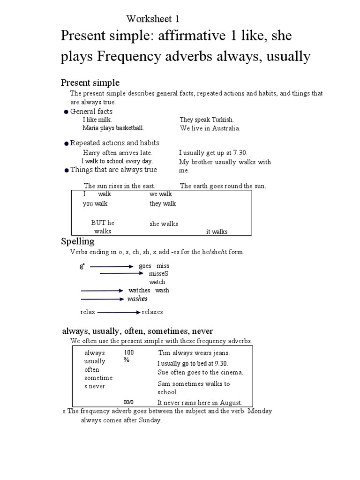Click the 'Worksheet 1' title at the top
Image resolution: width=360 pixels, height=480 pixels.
(153, 19)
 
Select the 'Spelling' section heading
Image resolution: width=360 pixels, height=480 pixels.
(78, 242)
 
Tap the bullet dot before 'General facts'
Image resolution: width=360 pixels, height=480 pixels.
(66, 112)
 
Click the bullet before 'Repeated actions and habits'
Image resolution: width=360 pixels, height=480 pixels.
(67, 144)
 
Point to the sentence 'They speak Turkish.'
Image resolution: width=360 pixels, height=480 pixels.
(207, 120)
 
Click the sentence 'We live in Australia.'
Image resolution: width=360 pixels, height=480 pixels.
(210, 128)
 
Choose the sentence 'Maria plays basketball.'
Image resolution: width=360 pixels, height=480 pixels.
(113, 127)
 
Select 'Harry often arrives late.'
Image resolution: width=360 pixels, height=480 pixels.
(118, 153)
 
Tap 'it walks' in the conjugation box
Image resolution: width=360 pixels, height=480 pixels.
(217, 232)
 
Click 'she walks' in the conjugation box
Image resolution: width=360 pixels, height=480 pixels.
(164, 224)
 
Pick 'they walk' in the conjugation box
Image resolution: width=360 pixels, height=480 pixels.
(163, 203)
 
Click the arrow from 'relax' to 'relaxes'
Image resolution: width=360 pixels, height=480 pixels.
(119, 312)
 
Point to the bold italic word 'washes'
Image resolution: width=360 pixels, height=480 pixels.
(137, 299)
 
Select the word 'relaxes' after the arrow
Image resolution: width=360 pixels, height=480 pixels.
(152, 312)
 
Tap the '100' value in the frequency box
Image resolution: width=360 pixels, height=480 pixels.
(129, 352)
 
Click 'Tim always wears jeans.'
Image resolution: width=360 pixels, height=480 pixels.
(194, 353)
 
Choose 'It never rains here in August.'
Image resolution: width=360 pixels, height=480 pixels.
(200, 402)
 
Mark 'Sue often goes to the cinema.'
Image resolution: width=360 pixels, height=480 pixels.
(201, 372)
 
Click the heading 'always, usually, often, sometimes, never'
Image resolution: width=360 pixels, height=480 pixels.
(138, 331)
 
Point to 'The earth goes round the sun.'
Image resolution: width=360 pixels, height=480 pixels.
(223, 186)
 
